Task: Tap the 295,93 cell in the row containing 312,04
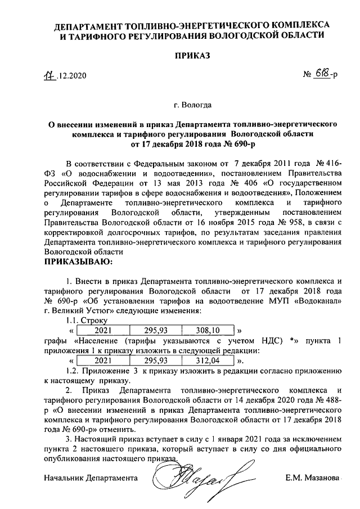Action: coord(155,360)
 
